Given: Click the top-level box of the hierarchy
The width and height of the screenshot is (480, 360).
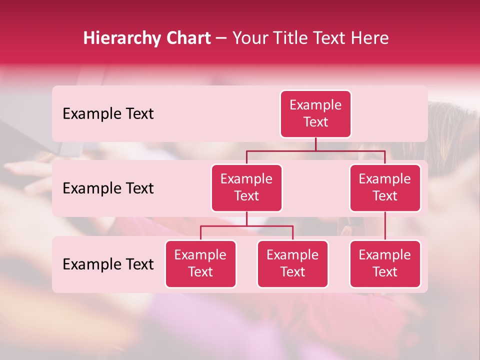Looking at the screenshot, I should [x=315, y=114].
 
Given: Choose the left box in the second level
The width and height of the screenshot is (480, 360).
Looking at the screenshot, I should [x=246, y=187].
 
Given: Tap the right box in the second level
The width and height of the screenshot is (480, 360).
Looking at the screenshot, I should [x=385, y=187].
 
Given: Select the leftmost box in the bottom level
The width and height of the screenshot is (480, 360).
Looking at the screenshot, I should [x=200, y=263].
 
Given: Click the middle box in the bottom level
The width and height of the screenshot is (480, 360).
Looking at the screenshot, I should [x=292, y=263].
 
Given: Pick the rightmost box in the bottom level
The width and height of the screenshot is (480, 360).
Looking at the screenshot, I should [x=385, y=263].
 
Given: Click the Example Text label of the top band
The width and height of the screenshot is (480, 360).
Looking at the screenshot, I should [x=108, y=114].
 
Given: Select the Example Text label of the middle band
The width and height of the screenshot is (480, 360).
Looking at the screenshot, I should [x=108, y=188].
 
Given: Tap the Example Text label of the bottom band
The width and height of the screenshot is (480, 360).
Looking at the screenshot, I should [x=108, y=264].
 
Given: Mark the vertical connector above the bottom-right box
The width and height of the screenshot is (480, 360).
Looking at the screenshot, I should [x=385, y=226].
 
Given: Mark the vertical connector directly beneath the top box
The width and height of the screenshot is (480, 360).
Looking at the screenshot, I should [x=315, y=144].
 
